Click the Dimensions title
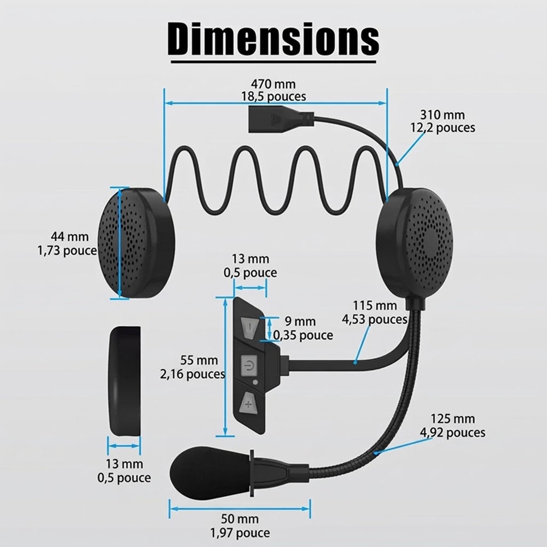click(x=273, y=38)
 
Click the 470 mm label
click(x=273, y=84)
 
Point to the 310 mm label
click(x=443, y=115)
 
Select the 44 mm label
click(x=70, y=236)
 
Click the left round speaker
click(x=137, y=243)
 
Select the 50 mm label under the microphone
click(x=240, y=519)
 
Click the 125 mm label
click(x=452, y=418)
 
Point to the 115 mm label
click(x=375, y=306)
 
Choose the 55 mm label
click(x=199, y=360)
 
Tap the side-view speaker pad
click(x=125, y=381)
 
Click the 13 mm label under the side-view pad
click(x=124, y=464)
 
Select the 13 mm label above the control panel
click(x=251, y=259)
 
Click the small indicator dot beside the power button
click(x=255, y=382)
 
